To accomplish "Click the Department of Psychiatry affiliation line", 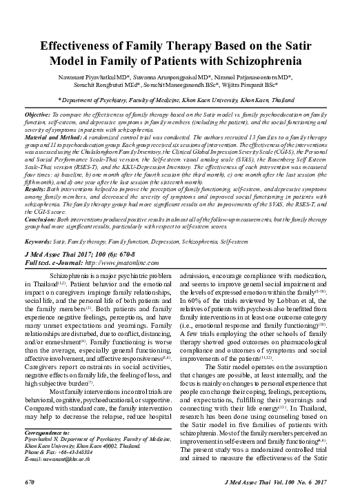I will tap(179, 100).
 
